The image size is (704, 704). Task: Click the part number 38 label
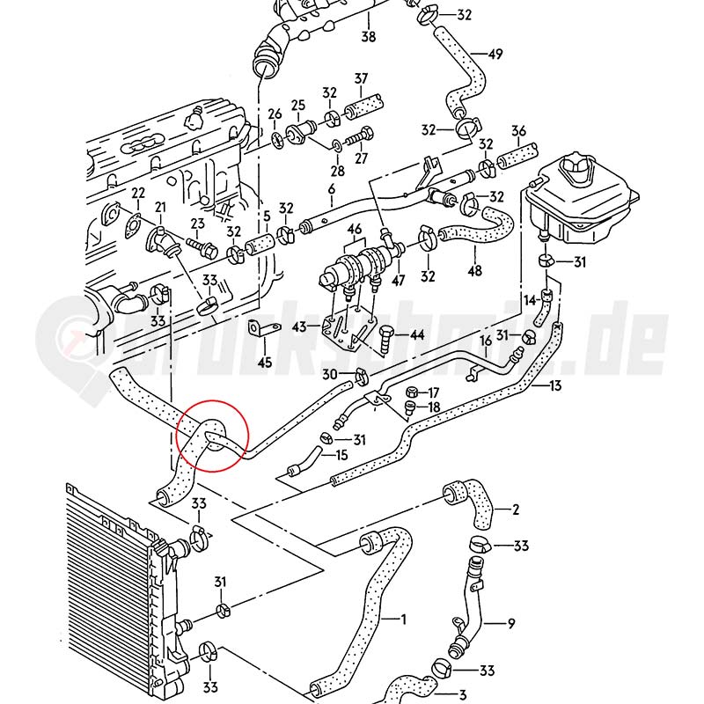(x=368, y=37)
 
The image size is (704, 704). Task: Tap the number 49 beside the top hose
(x=495, y=55)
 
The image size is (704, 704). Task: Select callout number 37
(x=361, y=79)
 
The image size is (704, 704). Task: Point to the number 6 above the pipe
(x=332, y=190)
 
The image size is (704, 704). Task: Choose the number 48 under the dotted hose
(x=475, y=271)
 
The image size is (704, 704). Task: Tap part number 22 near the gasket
(x=138, y=193)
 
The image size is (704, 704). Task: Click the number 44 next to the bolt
(x=417, y=335)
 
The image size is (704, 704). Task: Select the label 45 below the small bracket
(x=265, y=362)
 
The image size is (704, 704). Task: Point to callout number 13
(x=555, y=385)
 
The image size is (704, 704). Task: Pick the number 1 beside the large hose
(x=404, y=620)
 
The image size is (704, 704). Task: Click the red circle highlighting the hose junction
(x=213, y=435)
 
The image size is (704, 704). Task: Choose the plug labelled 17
(x=411, y=391)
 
